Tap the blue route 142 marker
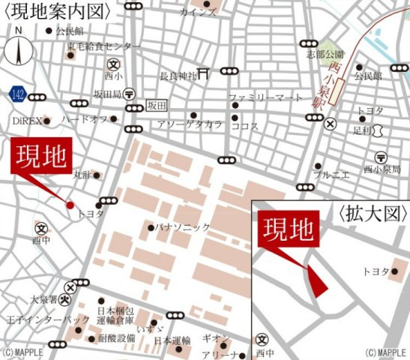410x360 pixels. click(18, 94)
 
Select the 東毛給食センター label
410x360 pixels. click(103, 46)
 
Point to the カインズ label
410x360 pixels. click(198, 13)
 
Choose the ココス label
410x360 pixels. click(245, 126)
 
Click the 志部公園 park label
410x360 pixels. click(324, 54)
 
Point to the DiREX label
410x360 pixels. click(24, 120)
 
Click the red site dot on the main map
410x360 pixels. click(70, 204)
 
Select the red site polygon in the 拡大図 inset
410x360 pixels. click(317, 281)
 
